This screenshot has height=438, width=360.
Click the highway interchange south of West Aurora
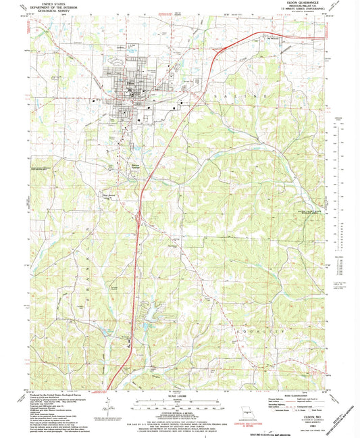click(138, 218)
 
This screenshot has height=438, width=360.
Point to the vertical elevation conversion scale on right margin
click(340, 270)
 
